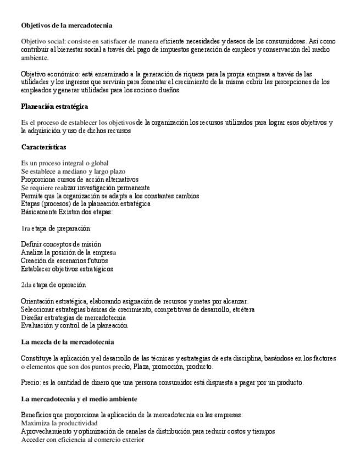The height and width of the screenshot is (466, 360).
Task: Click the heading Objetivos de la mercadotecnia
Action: pyautogui.click(x=67, y=25)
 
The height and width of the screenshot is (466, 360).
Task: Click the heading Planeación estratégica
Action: pyautogui.click(x=54, y=107)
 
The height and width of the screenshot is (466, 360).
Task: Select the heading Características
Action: pyautogui.click(x=43, y=147)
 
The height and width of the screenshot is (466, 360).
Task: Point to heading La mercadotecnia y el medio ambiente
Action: pyautogui.click(x=79, y=398)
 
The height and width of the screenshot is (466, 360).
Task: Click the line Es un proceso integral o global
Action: pyautogui.click(x=64, y=163)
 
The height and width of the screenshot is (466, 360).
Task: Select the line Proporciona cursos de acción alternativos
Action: pyautogui.click(x=79, y=179)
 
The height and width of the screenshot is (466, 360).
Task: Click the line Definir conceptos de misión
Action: pyautogui.click(x=61, y=244)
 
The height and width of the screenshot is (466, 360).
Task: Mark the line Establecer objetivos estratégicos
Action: pyautogui.click(x=67, y=269)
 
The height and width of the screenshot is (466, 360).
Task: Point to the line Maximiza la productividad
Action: pyautogui.click(x=59, y=423)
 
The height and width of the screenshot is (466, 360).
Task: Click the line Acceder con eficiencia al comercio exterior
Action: pyautogui.click(x=82, y=440)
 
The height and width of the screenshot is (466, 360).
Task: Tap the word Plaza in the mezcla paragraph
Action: pyautogui.click(x=144, y=367)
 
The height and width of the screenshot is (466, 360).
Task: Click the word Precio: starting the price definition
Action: pyautogui.click(x=31, y=382)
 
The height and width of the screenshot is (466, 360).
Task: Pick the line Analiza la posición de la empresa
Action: pyautogui.click(x=68, y=252)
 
